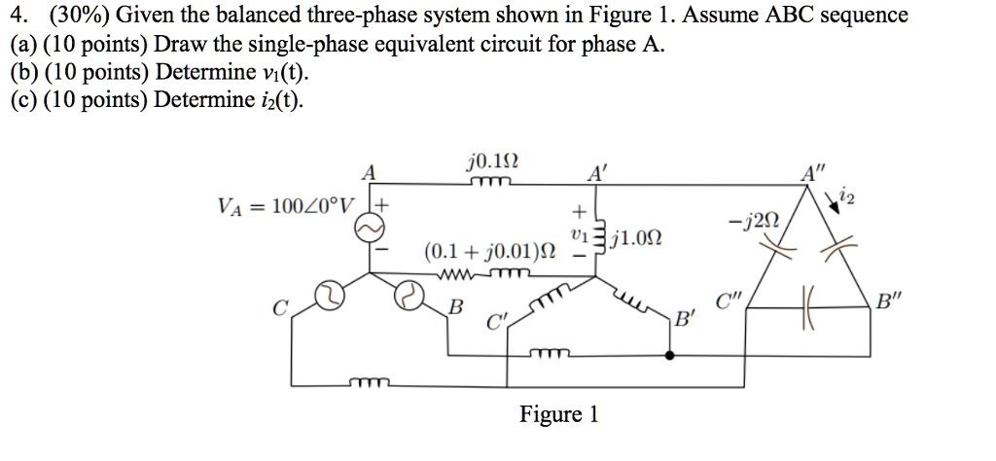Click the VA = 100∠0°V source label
click(x=289, y=205)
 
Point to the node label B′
click(x=688, y=317)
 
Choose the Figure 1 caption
click(x=558, y=415)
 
